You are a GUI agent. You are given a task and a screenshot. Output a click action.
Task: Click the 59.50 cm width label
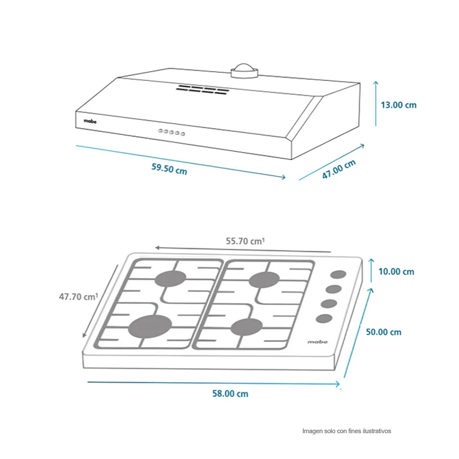169,169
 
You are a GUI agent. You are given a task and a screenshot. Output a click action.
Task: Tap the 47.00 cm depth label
339,169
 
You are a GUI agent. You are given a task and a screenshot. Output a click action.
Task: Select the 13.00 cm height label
398,105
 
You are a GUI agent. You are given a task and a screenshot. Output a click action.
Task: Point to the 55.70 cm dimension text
245,241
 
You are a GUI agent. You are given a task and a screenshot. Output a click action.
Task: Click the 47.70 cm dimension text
79,297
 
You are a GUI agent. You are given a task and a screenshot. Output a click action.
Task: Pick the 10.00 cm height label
396,271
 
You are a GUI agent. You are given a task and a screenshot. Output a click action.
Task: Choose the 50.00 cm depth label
383,332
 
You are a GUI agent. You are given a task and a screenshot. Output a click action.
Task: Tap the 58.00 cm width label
230,394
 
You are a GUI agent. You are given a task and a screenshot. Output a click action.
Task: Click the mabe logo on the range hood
90,121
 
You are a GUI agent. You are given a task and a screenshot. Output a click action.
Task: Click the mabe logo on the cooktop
318,341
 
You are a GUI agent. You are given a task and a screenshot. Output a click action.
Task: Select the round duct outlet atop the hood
244,71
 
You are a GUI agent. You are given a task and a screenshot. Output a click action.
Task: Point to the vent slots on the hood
203,90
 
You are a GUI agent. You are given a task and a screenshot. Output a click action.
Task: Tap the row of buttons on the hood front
172,133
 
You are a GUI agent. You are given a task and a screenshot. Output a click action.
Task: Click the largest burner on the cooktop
150,326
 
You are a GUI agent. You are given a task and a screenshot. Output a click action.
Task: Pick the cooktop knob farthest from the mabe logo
339,274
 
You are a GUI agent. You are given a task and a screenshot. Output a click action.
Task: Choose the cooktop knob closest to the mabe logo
324,318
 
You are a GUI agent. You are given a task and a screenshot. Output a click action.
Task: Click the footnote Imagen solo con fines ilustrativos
347,431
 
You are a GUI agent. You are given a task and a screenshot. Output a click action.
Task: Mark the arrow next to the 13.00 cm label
376,104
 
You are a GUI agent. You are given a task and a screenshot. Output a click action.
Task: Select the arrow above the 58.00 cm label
213,383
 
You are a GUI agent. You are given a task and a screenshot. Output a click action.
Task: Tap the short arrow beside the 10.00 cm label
371,270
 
